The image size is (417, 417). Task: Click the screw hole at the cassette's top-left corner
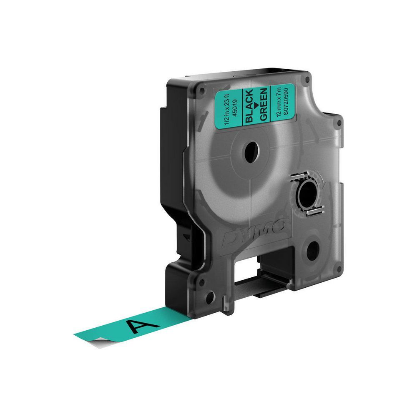[x=201, y=90]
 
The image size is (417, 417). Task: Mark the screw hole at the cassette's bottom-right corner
[x=339, y=271]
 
